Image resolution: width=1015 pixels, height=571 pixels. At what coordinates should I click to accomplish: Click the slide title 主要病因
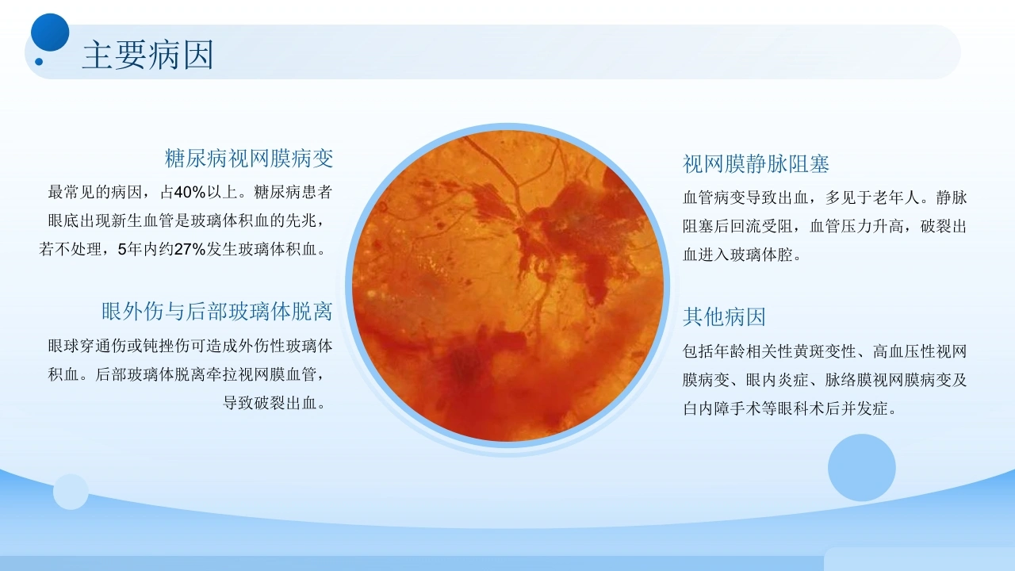(x=147, y=55)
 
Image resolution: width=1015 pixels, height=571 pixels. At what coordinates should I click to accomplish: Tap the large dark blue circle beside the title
(x=50, y=33)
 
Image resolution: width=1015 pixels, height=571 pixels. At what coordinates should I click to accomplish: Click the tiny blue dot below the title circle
(x=39, y=62)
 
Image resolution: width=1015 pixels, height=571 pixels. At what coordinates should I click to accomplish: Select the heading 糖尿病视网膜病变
(x=249, y=158)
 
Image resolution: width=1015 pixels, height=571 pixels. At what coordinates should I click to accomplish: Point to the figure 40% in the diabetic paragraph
(x=190, y=193)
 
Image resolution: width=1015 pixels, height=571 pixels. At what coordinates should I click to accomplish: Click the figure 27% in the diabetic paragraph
(x=190, y=249)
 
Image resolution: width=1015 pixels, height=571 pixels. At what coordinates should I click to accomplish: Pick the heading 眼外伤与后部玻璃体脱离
(x=217, y=312)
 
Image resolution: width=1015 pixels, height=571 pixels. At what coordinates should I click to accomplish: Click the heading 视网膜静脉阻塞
(x=756, y=163)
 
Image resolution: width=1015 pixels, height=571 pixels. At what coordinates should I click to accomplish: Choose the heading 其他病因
(x=724, y=316)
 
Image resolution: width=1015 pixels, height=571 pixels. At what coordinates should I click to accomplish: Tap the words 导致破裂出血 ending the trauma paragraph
(x=270, y=403)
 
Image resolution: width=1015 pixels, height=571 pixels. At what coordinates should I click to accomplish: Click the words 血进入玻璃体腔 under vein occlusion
(x=737, y=255)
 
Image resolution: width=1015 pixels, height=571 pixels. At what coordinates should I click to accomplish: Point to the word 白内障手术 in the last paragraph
(x=722, y=408)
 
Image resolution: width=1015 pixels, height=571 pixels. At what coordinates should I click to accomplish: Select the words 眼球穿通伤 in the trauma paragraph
(x=87, y=347)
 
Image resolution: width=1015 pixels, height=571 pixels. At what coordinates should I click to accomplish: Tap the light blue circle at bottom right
(x=862, y=468)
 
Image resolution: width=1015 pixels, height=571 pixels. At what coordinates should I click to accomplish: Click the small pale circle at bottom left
(x=71, y=492)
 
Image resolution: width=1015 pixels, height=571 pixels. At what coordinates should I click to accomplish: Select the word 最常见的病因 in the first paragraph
(x=95, y=193)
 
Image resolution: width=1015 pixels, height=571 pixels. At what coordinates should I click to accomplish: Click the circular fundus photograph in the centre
(x=507, y=285)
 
